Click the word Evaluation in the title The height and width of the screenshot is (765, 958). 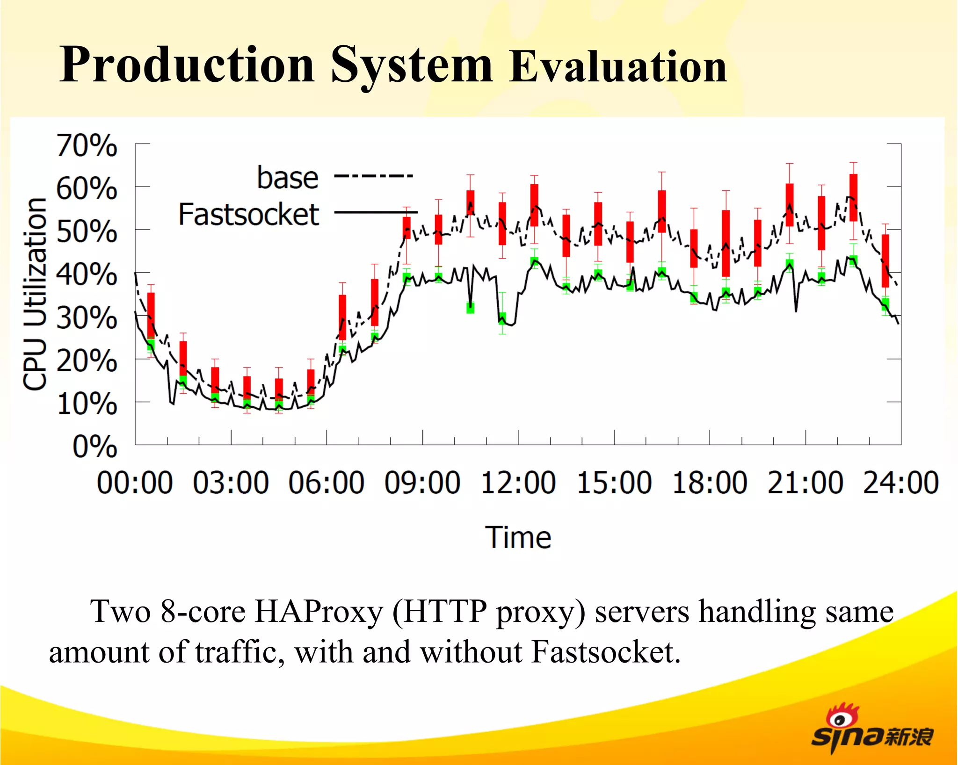click(617, 66)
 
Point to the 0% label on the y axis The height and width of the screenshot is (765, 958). click(94, 447)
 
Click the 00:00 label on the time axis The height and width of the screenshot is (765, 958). click(135, 483)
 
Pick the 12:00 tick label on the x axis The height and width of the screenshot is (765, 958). click(518, 483)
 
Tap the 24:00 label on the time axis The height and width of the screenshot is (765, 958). click(900, 483)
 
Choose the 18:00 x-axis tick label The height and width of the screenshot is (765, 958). click(710, 483)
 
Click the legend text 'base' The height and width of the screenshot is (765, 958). click(288, 178)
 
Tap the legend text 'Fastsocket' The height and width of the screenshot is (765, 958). click(249, 215)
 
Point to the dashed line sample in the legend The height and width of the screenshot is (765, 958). click(373, 176)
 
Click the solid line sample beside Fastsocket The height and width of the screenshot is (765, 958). click(376, 212)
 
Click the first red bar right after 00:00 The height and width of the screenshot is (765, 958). click(151, 315)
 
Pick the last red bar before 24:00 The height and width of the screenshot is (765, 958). click(885, 260)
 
